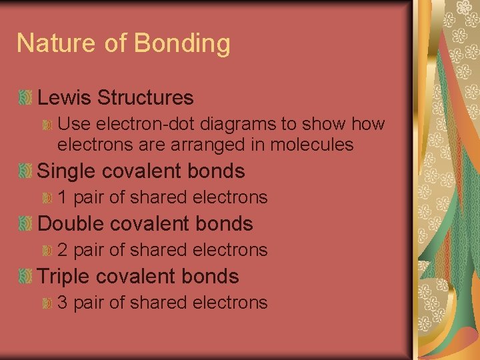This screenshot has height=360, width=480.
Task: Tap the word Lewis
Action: pos(64,98)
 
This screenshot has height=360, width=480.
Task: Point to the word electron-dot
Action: pos(137,124)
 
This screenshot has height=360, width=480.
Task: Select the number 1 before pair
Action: pos(63,197)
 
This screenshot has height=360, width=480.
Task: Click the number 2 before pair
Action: pos(63,250)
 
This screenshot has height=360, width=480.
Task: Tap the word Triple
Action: pos(66,277)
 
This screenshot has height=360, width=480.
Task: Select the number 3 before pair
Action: pos(63,303)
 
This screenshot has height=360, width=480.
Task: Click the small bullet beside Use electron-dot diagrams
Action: pos(47,125)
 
